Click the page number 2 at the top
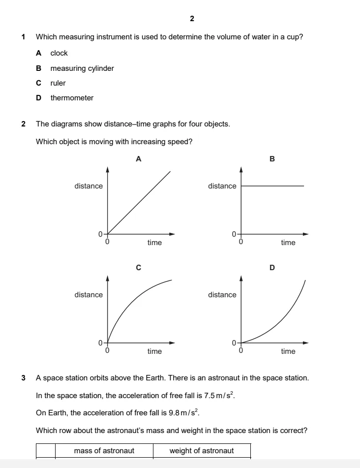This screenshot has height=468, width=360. tap(191, 19)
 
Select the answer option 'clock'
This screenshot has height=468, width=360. tap(59, 53)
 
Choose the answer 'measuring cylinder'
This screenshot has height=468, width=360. tap(82, 68)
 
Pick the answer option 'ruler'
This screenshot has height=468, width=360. tap(58, 83)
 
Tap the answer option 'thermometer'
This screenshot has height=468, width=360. tap(72, 98)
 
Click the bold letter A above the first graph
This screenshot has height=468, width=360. tap(138, 159)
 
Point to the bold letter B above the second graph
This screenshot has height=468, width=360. tap(272, 159)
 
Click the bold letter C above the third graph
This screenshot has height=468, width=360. tap(138, 268)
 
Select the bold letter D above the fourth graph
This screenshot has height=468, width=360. tap(272, 268)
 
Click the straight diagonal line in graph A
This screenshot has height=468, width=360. tap(139, 203)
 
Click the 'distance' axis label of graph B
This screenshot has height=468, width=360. tap(222, 186)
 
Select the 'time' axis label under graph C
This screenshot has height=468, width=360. tap(154, 351)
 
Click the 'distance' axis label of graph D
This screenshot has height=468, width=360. tap(222, 295)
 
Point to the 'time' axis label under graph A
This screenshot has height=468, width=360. tap(154, 243)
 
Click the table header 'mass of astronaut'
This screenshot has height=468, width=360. tap(104, 451)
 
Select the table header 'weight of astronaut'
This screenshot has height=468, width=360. tap(202, 451)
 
